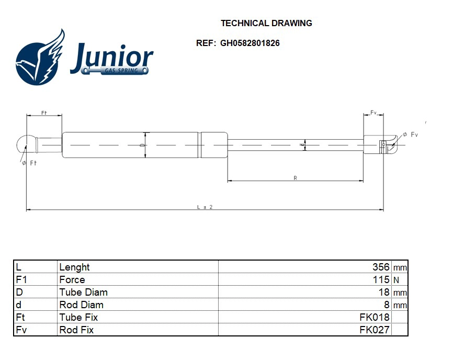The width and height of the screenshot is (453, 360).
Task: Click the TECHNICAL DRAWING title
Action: click(x=266, y=23)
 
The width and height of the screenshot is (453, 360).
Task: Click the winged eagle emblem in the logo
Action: click(x=40, y=58)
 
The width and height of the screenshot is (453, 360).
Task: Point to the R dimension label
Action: click(x=295, y=178)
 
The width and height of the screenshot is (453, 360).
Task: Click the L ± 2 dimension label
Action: click(x=205, y=207)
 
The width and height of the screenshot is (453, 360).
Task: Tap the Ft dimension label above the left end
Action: click(x=44, y=112)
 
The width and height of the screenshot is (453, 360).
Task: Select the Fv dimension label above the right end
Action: click(x=373, y=112)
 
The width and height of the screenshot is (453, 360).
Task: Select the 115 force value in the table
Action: click(x=382, y=280)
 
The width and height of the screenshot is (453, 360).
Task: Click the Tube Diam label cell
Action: click(x=84, y=292)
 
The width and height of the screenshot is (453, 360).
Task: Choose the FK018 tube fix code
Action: click(x=375, y=318)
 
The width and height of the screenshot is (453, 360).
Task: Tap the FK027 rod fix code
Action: click(x=375, y=330)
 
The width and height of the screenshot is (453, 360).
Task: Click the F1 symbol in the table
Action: click(x=21, y=280)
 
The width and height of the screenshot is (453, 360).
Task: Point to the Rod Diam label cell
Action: click(x=82, y=305)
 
